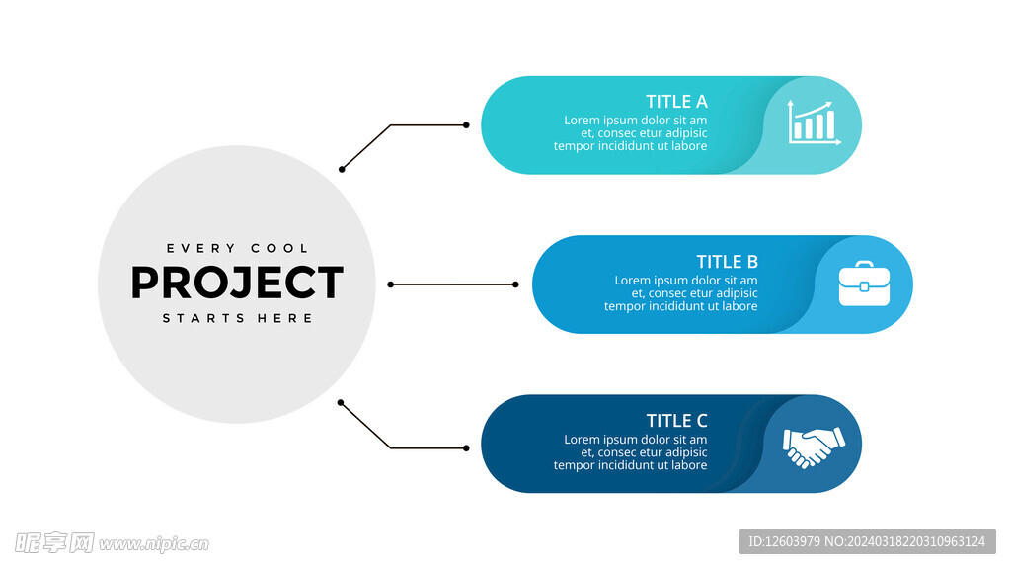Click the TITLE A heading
pos(676,102)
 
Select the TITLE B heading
pos(728,261)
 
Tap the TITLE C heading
pos(676,421)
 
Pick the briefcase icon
pos(864,284)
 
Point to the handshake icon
pos(814,447)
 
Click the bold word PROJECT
pos(237,283)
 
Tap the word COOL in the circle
pos(279,248)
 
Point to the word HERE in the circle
pos(285,318)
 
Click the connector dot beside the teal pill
pos(466,125)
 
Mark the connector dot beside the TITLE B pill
pos(515,284)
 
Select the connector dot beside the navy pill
pos(466,447)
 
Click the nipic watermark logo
pos(113,543)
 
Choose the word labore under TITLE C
pos(690,465)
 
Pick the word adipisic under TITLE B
pos(735,292)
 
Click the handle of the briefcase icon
pos(864,263)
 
